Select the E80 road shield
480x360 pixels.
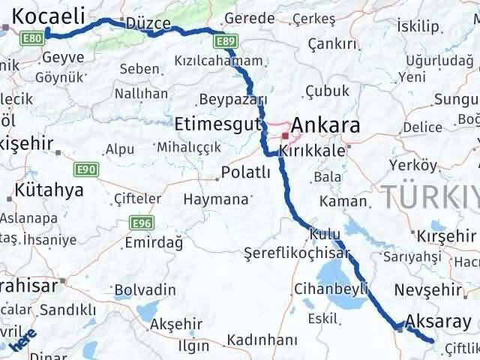point(33,37)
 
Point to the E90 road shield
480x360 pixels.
point(86,170)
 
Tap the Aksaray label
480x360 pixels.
point(439,322)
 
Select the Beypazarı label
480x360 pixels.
point(235,100)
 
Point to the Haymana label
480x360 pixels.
point(216,200)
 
